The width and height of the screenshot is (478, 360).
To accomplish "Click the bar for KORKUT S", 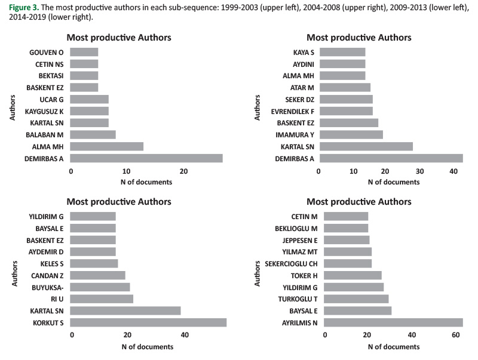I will tap(148, 322).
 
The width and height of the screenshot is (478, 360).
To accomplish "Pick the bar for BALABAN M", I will tap(93, 134).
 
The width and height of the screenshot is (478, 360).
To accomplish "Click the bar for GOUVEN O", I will tap(84, 53).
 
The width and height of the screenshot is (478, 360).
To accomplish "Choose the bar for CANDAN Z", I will tap(98, 275).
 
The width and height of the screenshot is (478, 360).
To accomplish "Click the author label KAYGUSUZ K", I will tap(44, 111).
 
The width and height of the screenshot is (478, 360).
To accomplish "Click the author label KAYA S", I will tap(304, 53).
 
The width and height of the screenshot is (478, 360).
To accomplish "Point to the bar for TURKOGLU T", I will tap(354, 299).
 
